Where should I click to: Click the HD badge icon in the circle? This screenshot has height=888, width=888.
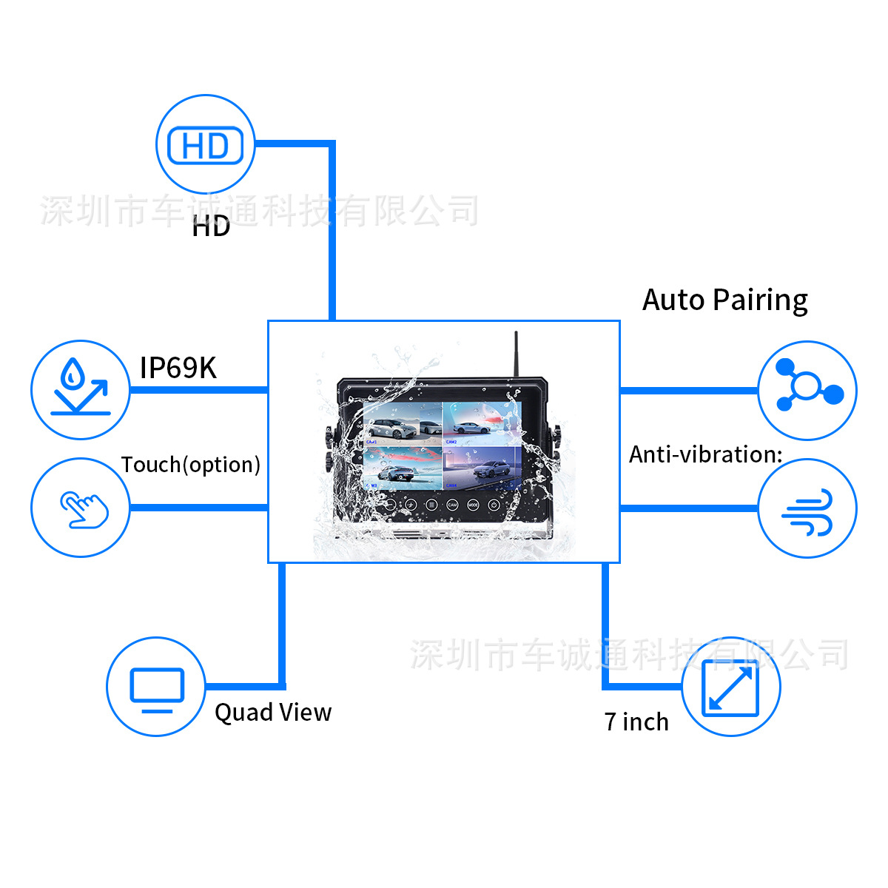[x=205, y=145]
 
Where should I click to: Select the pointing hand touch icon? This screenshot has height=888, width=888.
[x=83, y=509]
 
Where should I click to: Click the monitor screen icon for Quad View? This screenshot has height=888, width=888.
[x=156, y=687]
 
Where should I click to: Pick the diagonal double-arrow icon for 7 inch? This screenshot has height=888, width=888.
[x=730, y=688]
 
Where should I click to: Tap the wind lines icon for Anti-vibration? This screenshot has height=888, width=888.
[x=807, y=510]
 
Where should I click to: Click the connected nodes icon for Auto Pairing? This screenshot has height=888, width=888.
[x=807, y=389]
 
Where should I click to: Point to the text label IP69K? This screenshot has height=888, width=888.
[x=178, y=368]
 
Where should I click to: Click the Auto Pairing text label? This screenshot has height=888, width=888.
[x=724, y=300]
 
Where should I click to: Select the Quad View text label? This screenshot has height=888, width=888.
[x=272, y=712]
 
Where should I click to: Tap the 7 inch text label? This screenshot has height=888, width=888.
[x=636, y=721]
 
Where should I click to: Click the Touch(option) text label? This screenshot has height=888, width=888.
[x=190, y=465]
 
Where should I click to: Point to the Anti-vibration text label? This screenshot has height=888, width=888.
[x=704, y=454]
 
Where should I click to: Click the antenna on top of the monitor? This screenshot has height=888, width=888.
[x=516, y=354]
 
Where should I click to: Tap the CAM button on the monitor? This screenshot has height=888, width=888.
[x=452, y=505]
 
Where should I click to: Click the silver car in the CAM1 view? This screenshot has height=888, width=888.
[x=393, y=428]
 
